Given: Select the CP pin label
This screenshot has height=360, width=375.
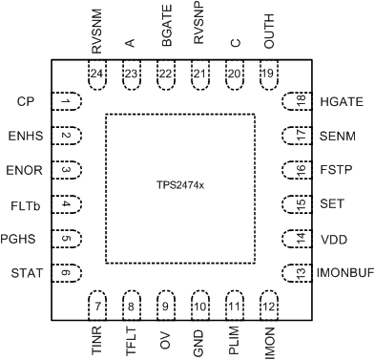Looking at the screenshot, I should click(x=26, y=101).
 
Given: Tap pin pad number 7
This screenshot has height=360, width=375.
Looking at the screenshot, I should click(x=99, y=307).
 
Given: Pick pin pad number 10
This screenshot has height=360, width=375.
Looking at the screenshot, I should click(x=199, y=307).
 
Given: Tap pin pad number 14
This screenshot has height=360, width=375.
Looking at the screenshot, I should click(x=300, y=239).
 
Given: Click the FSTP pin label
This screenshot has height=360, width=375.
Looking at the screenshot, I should click(x=334, y=170).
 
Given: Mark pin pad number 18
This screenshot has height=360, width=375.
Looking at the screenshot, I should click(x=300, y=101).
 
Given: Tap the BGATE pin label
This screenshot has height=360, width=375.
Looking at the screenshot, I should click(x=164, y=30).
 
